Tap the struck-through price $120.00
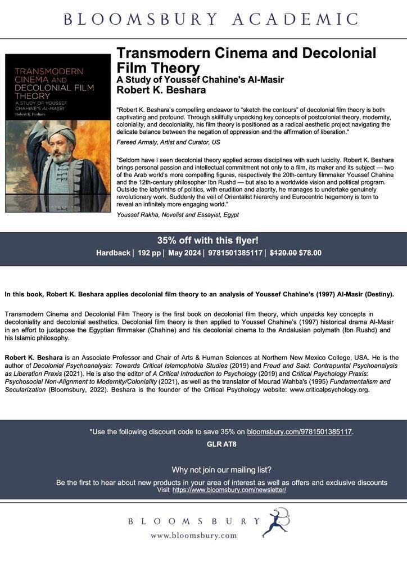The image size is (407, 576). [283, 253]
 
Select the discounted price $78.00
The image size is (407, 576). [310, 253]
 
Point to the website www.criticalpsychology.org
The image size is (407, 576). [329, 390]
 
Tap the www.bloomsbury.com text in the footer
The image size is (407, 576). [193, 535]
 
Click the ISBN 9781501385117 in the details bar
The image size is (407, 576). [235, 253]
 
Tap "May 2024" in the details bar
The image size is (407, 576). [184, 253]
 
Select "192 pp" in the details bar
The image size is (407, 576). [148, 253]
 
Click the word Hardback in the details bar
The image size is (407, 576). [113, 253]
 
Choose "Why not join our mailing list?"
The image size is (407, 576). [221, 470]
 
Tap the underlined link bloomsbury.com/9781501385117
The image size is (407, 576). [300, 432]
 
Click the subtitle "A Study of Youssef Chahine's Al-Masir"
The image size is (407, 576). [200, 79]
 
